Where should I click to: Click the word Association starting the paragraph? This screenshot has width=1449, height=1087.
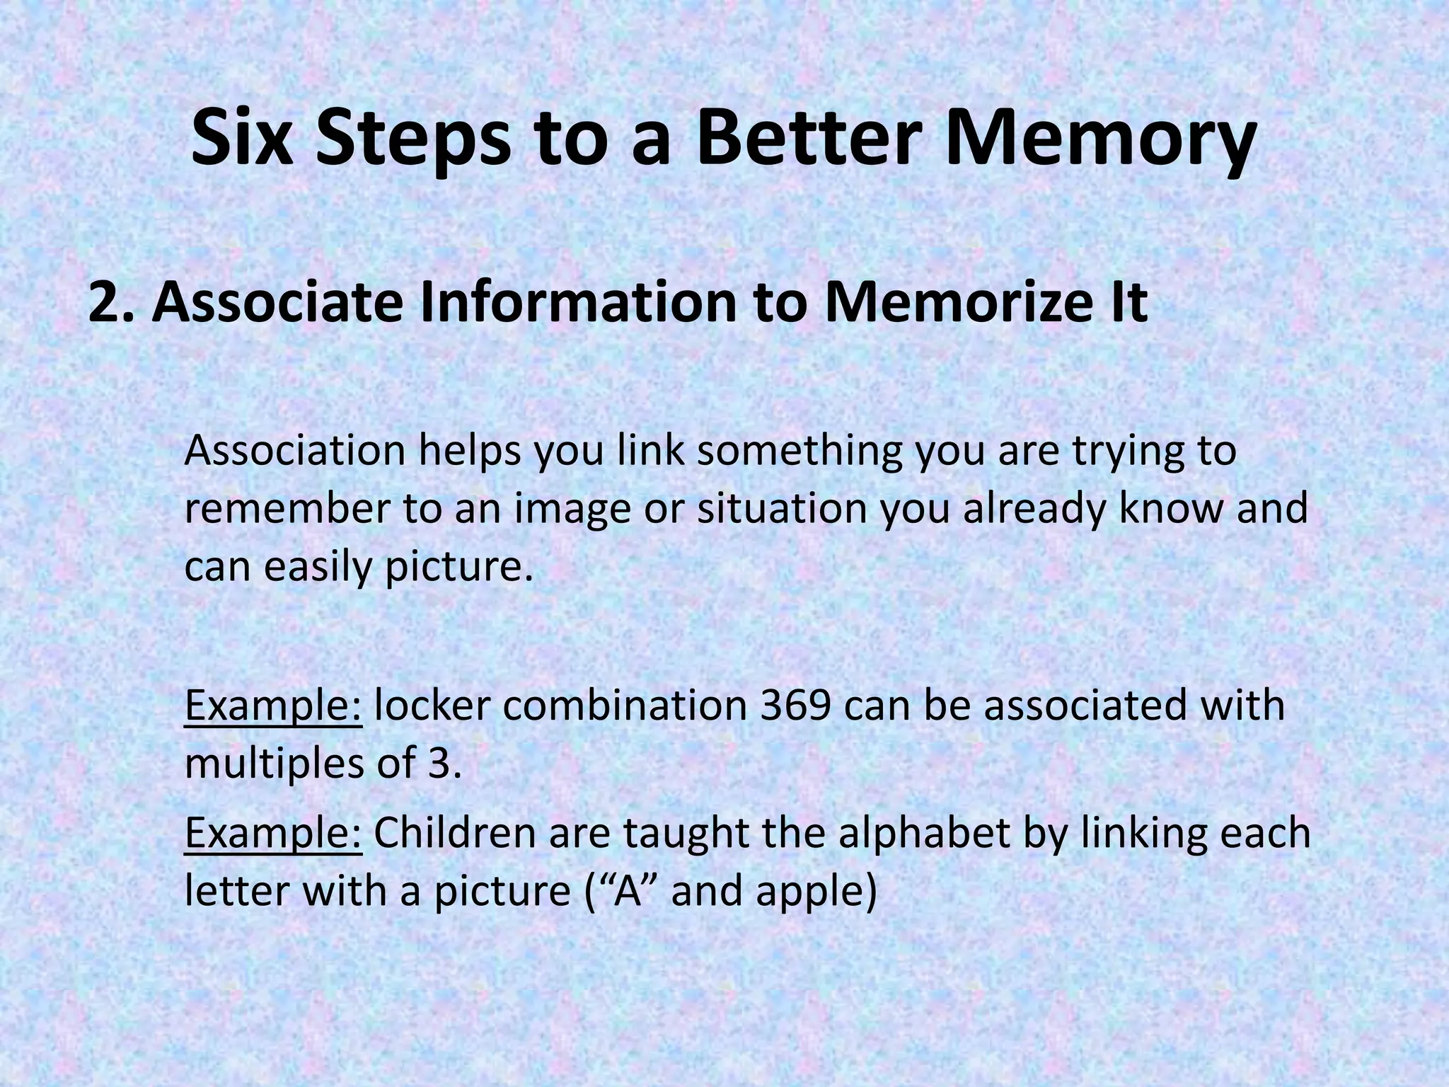(294, 451)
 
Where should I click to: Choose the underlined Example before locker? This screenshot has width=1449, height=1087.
(274, 706)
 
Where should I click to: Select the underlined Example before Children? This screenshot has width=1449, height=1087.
(274, 833)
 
